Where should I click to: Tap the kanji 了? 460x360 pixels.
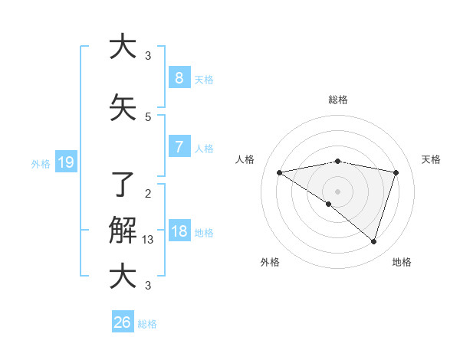(x=123, y=184)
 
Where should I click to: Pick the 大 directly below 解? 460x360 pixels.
(x=123, y=276)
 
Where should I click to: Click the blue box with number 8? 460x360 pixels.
(x=179, y=78)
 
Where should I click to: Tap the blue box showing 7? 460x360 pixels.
(x=179, y=147)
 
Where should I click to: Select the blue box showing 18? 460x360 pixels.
(x=179, y=231)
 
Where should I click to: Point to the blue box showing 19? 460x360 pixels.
(x=66, y=162)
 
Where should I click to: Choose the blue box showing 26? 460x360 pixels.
(x=123, y=322)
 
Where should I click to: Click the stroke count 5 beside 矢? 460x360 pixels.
(x=148, y=116)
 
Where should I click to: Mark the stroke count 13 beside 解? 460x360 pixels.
(x=148, y=240)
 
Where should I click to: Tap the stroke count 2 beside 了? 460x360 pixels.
(x=148, y=193)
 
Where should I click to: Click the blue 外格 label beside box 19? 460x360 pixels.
(x=40, y=162)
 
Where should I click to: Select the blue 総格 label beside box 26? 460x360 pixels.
(x=147, y=323)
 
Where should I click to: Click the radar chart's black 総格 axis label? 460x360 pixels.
(x=337, y=100)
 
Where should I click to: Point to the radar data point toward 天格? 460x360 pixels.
(x=396, y=172)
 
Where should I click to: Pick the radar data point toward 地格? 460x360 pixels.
(x=373, y=241)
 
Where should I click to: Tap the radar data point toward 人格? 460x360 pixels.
(x=279, y=172)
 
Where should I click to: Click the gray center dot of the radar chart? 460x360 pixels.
(x=337, y=191)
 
